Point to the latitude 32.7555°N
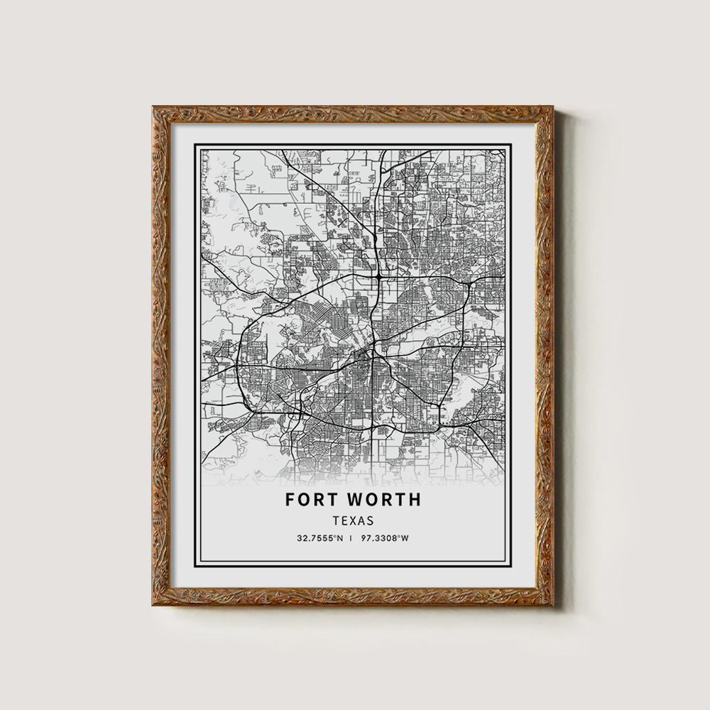(x=320, y=538)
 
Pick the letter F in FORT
(x=290, y=499)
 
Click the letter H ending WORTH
(x=415, y=499)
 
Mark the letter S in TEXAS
(x=371, y=520)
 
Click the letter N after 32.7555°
(x=340, y=538)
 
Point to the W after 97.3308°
(x=405, y=538)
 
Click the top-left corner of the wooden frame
(x=153, y=107)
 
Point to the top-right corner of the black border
(x=510, y=145)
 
